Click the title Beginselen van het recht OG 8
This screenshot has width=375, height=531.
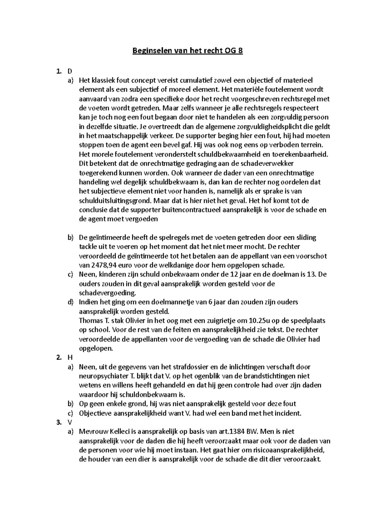coord(187,51)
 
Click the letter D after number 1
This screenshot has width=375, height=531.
coord(70,71)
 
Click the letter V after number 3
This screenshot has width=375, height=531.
coord(70,422)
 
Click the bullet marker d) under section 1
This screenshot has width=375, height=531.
coord(71,302)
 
